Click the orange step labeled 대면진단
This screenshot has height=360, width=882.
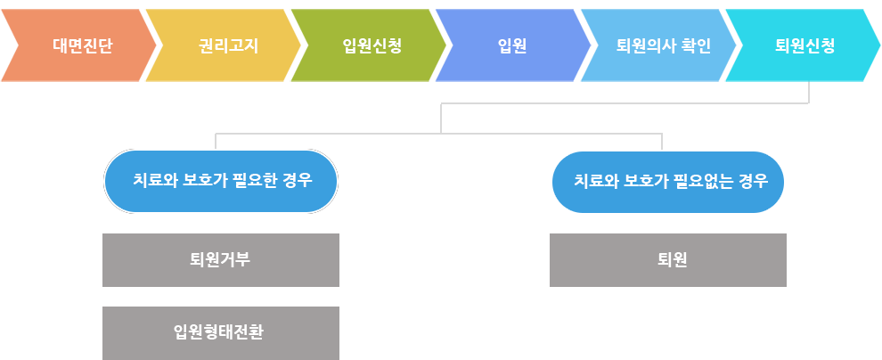(78, 45)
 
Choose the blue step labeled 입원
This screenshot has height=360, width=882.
(512, 45)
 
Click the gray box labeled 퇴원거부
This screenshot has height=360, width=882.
(221, 260)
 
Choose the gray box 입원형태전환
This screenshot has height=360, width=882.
(221, 333)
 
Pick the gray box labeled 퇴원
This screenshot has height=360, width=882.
(668, 260)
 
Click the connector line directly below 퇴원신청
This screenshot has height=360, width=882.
(809, 93)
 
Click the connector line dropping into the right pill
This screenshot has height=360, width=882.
(662, 142)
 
